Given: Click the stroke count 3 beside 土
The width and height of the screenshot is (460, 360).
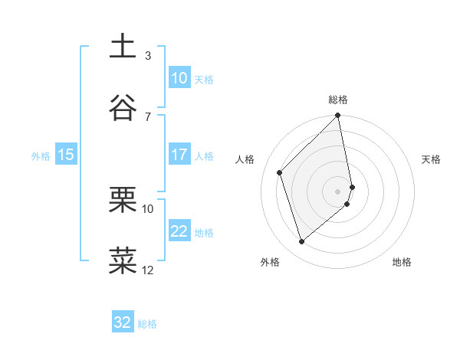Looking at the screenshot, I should pyautogui.click(x=148, y=55).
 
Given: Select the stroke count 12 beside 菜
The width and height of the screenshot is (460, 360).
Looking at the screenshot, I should pyautogui.click(x=148, y=270).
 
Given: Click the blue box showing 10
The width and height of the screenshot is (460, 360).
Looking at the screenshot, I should pyautogui.click(x=179, y=78).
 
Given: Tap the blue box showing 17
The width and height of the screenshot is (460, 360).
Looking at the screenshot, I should pyautogui.click(x=179, y=155).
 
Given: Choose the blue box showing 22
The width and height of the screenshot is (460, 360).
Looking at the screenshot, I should pyautogui.click(x=179, y=231).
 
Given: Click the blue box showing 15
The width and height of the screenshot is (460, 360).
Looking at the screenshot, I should pyautogui.click(x=66, y=155).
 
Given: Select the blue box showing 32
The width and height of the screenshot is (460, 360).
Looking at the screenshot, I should pyautogui.click(x=123, y=322).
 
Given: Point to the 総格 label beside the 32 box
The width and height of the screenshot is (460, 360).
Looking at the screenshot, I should pyautogui.click(x=147, y=324).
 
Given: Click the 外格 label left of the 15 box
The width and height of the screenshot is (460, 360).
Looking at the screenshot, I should pyautogui.click(x=41, y=155).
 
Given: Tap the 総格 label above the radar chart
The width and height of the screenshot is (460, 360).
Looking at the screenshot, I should pyautogui.click(x=338, y=100).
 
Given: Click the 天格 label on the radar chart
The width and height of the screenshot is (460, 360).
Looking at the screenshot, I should pyautogui.click(x=432, y=159).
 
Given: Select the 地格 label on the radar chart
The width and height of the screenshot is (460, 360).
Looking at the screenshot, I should pyautogui.click(x=402, y=263).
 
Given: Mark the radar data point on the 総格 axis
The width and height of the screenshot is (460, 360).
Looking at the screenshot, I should pyautogui.click(x=338, y=116).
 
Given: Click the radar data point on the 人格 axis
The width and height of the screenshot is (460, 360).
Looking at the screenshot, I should pyautogui.click(x=280, y=172).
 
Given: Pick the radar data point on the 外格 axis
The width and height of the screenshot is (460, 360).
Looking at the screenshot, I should pyautogui.click(x=301, y=242).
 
